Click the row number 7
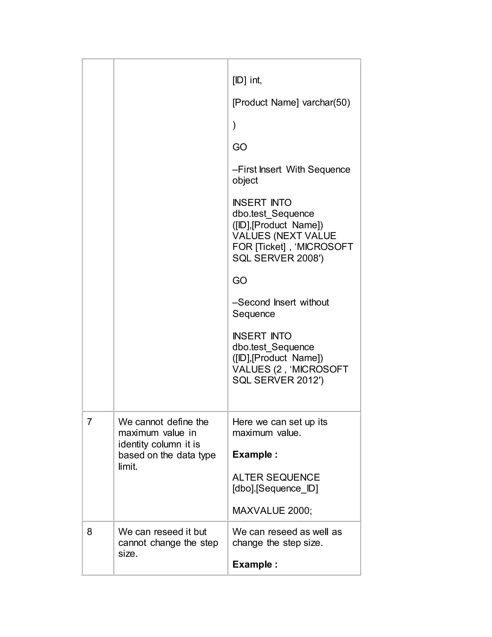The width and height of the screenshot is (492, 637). coord(89,422)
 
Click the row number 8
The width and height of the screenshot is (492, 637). coord(89,532)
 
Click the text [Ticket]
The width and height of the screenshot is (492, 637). coord(270,247)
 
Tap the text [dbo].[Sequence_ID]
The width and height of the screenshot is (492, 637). coord(275,488)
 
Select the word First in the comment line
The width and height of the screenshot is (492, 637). coord(247,169)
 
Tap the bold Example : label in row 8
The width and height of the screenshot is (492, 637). coord(255,564)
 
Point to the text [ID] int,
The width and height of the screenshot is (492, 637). coord(247,80)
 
